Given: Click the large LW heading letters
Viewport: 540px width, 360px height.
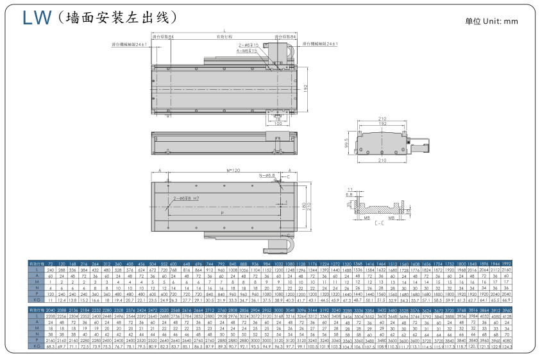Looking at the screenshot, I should pyautogui.click(x=36, y=17).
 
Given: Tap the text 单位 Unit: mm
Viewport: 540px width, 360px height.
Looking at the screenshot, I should pyautogui.click(x=491, y=21).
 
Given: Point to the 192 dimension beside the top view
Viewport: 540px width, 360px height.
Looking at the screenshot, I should pyautogui.click(x=306, y=89).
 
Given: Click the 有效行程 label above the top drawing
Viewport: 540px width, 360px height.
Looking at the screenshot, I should pyautogui.click(x=224, y=37).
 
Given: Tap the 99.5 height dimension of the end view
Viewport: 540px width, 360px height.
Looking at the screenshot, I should pyautogui.click(x=347, y=142).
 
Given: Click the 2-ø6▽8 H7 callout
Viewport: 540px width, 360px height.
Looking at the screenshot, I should pyautogui.click(x=185, y=199).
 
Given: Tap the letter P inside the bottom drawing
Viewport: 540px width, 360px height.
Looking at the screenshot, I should pyautogui.click(x=222, y=212).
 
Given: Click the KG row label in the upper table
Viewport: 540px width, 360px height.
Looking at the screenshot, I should pyautogui.click(x=37, y=300).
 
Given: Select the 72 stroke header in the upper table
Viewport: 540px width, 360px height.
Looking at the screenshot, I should pyautogui.click(x=51, y=264).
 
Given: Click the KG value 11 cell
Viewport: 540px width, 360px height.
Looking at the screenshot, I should pyautogui.click(x=51, y=300).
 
